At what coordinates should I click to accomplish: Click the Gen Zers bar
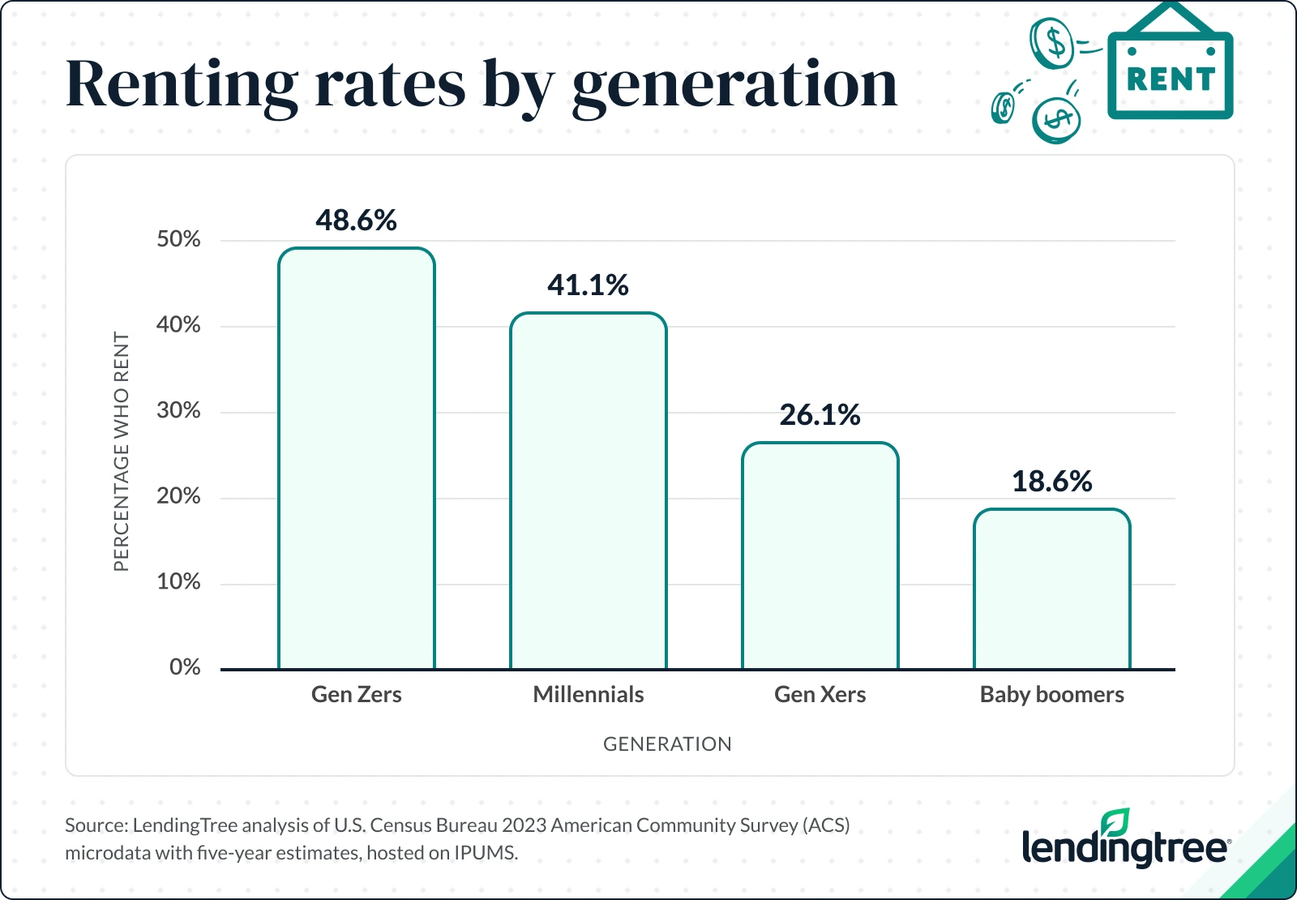click(x=357, y=458)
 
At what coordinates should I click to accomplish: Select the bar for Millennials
click(x=589, y=491)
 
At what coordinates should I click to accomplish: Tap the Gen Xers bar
click(x=820, y=555)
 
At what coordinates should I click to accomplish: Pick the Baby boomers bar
click(x=1052, y=589)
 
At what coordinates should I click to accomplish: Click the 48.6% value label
click(x=357, y=221)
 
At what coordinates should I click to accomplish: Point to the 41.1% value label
click(x=589, y=285)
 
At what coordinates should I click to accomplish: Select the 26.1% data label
click(x=820, y=415)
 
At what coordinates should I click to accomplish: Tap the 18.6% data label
click(x=1052, y=482)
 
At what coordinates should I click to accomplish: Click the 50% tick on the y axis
click(x=178, y=239)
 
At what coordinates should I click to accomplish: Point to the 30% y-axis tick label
click(x=178, y=410)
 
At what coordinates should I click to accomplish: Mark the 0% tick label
click(x=185, y=667)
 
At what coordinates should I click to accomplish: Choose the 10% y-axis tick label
click(x=178, y=582)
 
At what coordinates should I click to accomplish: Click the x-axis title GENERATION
click(x=667, y=744)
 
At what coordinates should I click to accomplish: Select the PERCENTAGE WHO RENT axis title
click(x=122, y=451)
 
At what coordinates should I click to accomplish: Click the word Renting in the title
click(x=182, y=85)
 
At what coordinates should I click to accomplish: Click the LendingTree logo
click(x=1125, y=843)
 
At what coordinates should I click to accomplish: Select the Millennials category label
click(x=589, y=695)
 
